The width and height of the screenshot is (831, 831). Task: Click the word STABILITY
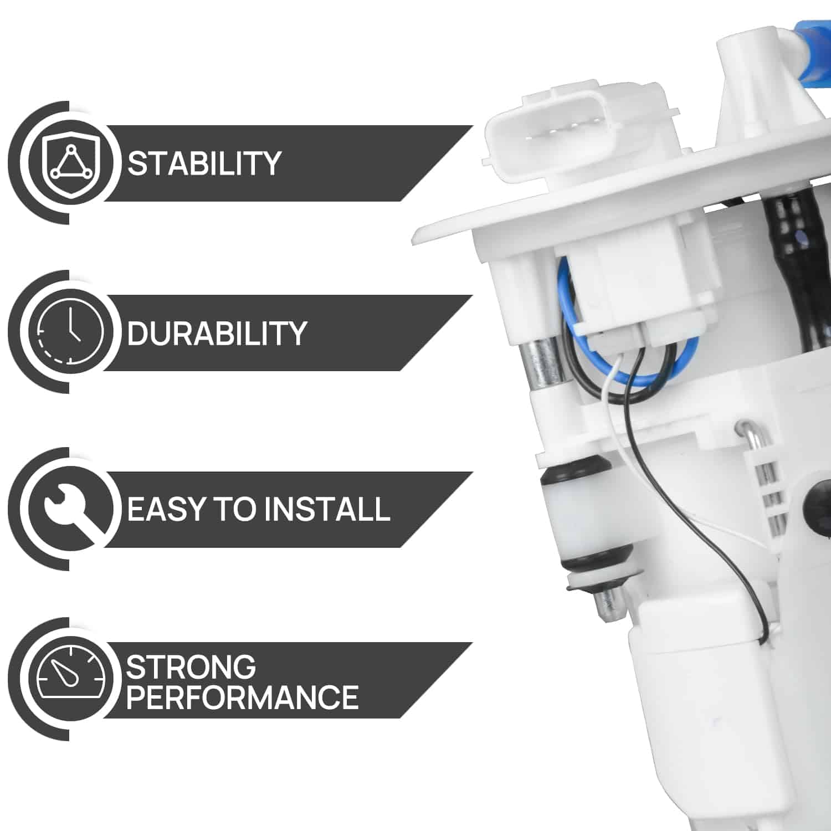[204, 163]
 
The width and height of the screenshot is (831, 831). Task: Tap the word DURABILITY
[217, 333]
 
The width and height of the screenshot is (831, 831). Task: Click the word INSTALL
[326, 509]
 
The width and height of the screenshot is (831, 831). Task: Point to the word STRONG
[191, 667]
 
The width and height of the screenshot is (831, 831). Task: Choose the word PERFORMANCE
[242, 697]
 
